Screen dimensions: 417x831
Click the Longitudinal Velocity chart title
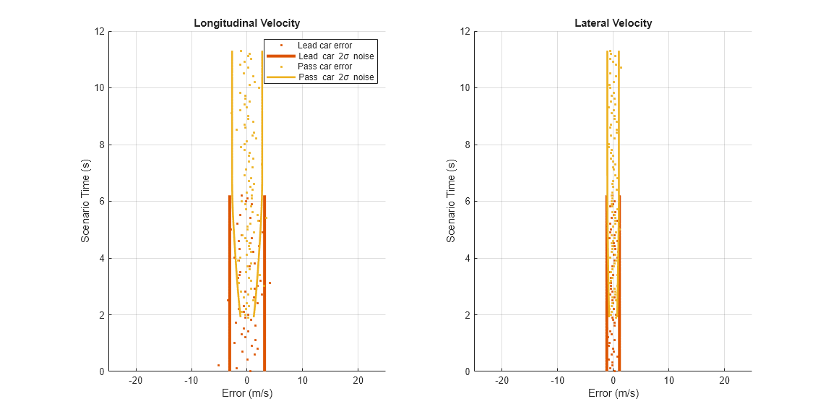246,23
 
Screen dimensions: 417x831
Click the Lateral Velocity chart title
613,23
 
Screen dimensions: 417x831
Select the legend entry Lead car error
324,46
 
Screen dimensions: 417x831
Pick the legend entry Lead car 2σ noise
335,56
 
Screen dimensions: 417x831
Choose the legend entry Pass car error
324,66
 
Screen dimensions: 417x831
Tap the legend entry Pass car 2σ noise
336,77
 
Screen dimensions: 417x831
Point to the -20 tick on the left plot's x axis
135,381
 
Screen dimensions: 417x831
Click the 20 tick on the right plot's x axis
724,381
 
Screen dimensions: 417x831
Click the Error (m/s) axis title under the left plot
246,394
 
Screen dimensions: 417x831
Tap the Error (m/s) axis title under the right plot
613,394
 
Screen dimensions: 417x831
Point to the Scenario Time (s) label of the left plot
85,201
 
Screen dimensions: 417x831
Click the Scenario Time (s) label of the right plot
452,201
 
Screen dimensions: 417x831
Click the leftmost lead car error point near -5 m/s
218,366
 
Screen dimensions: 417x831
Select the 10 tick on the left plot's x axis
302,381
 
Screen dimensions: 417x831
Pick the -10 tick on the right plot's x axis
556,381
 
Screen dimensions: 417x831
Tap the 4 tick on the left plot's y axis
103,258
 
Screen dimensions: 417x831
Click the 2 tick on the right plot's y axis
469,315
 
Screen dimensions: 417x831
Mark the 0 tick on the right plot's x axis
613,381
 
